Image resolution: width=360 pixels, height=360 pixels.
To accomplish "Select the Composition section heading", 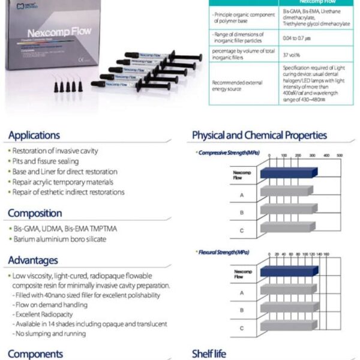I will pos(35,213).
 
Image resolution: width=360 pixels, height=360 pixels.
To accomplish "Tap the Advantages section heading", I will pos(33,260).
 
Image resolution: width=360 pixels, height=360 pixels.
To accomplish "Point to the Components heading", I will pos(35,354).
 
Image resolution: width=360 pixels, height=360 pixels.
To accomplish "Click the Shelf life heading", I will pos(209,354).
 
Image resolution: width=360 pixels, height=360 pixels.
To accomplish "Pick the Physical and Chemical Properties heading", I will pos(259,135).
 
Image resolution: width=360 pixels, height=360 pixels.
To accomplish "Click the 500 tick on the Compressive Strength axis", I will pos(340,156).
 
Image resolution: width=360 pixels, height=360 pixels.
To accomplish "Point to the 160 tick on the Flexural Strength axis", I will pos(327,254).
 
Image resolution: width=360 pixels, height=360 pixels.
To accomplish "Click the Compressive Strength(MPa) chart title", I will pos(224,153).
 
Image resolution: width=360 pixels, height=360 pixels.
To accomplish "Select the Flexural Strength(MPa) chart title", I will pos(223,252).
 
